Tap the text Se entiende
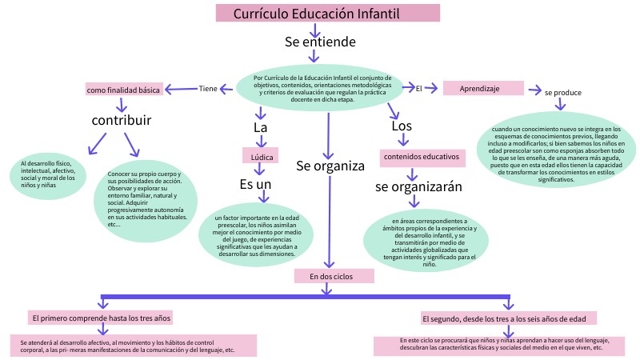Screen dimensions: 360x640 pyautogui.click(x=321, y=42)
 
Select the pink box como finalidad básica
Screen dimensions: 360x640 pyautogui.click(x=123, y=90)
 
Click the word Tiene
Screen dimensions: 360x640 pyautogui.click(x=208, y=89)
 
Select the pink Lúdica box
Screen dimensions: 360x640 pyautogui.click(x=260, y=156)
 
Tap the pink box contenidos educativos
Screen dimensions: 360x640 pyautogui.click(x=421, y=156)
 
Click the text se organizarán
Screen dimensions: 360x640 pyautogui.click(x=419, y=186)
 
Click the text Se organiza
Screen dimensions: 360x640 pyautogui.click(x=330, y=166)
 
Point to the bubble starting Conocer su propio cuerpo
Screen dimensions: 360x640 pyautogui.click(x=148, y=199)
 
